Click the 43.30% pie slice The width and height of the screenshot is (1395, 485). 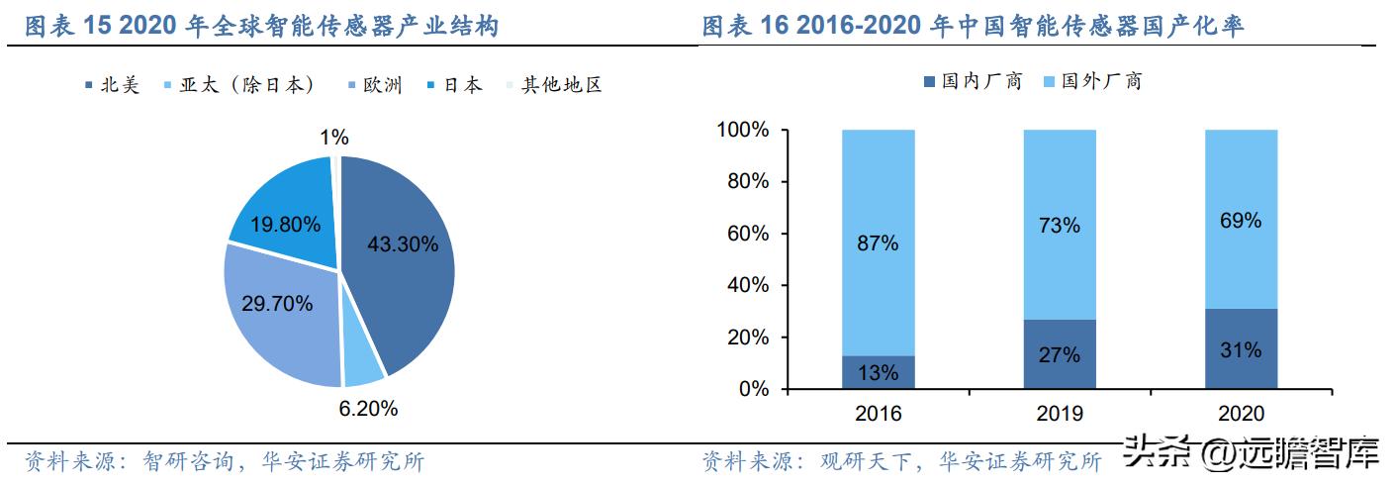tap(401, 257)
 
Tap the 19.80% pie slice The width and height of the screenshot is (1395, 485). tap(282, 213)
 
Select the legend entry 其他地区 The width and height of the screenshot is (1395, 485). tap(554, 85)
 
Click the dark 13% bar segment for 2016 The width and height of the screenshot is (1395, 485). tap(878, 372)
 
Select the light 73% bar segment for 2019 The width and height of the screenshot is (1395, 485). tap(1059, 225)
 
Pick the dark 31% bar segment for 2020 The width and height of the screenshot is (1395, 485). tap(1241, 349)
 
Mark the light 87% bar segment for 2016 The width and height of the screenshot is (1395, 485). tap(878, 242)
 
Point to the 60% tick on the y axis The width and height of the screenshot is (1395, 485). tap(748, 234)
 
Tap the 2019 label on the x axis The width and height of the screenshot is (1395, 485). tap(1059, 414)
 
